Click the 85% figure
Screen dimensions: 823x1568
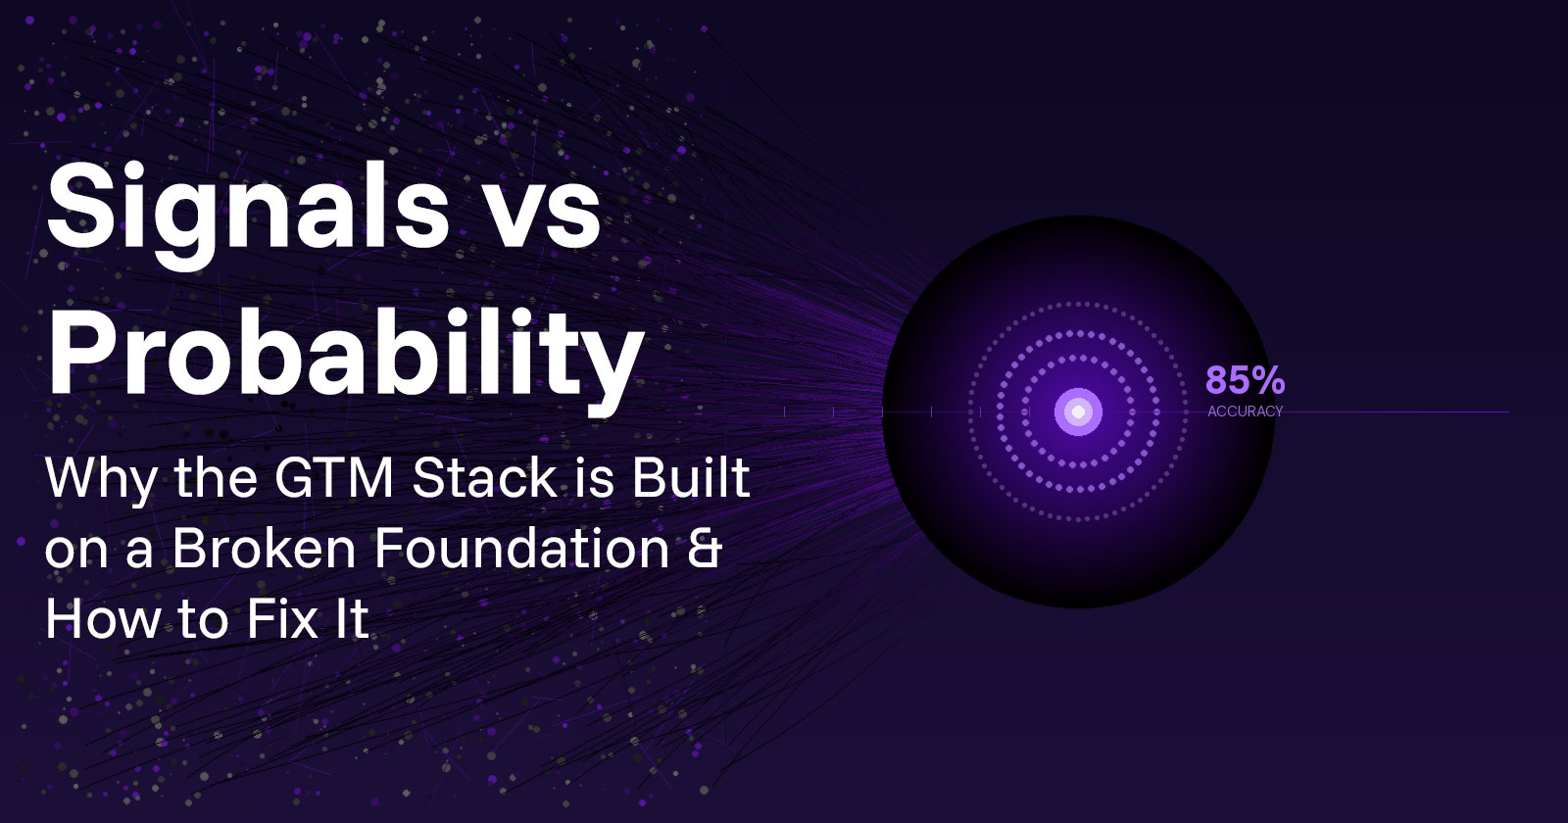(1245, 380)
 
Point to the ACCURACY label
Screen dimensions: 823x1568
(1245, 411)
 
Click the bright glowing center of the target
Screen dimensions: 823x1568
(1078, 411)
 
